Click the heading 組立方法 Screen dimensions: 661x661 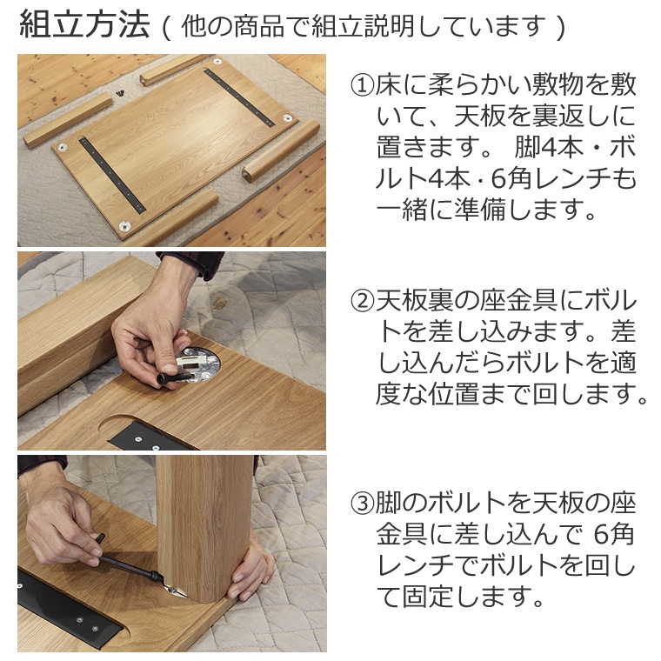point(84,25)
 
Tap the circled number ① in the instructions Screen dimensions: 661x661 point(363,85)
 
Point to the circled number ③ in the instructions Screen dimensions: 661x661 point(363,503)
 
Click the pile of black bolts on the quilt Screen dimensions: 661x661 point(121,92)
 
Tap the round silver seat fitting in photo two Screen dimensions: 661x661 point(198,364)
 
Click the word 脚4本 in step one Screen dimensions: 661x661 point(544,149)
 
